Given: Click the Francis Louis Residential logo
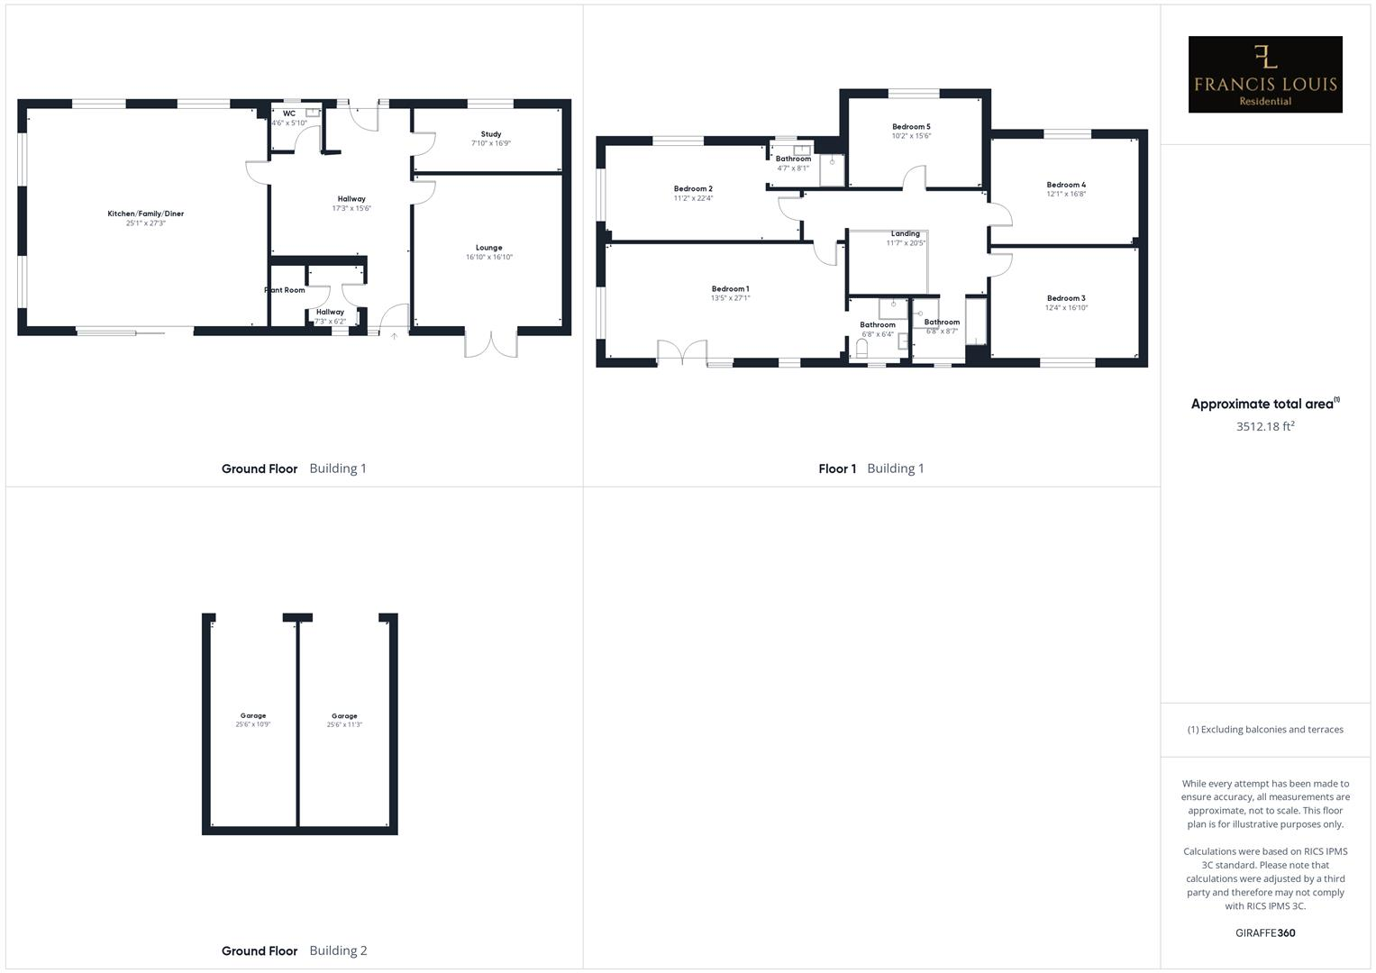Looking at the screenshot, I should [1264, 75].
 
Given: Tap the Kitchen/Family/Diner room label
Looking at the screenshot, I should [145, 214].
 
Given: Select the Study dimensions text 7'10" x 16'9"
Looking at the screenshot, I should [490, 143].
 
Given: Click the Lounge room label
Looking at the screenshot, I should [488, 248].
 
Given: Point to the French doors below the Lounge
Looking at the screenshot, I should [491, 345].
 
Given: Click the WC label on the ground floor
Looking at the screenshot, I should [288, 114].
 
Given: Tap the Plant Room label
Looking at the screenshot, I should [285, 290].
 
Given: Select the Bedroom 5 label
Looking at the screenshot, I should [911, 127].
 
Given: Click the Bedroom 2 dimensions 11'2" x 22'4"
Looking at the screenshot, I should [693, 198].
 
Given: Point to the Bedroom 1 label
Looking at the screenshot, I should [730, 289].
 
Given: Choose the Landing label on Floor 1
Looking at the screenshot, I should [905, 233].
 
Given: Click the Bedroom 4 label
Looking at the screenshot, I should [1065, 185].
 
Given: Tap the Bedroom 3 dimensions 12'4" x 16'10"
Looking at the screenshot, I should [1066, 307].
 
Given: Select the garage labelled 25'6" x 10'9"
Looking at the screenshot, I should [253, 721].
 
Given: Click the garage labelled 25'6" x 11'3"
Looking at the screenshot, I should [344, 721].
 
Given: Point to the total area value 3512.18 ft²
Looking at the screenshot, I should [1264, 426].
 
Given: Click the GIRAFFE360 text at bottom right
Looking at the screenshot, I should [1264, 932].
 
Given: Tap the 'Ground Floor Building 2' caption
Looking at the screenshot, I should [294, 950].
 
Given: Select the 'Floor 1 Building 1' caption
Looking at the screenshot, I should [870, 468].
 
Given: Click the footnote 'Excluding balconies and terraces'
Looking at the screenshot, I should [1264, 730].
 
